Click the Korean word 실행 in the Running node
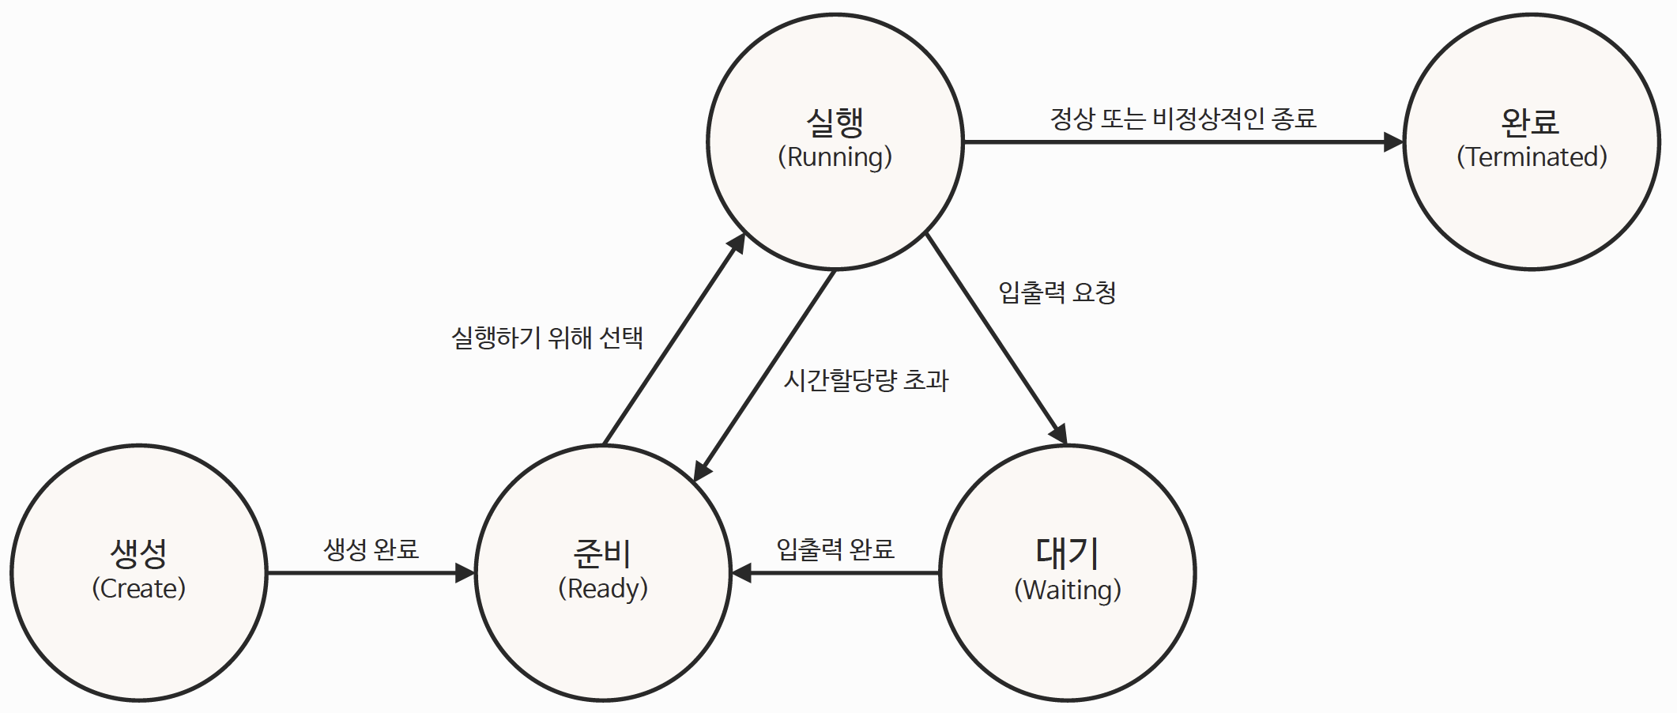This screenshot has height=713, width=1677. [x=835, y=122]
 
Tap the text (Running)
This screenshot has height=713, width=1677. [x=835, y=157]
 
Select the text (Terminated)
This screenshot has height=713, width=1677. [x=1532, y=157]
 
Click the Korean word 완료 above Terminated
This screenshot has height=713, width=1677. [x=1530, y=122]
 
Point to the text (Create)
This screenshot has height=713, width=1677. [x=139, y=588]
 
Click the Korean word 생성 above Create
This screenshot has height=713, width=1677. [x=139, y=553]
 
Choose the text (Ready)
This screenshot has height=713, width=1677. [x=603, y=588]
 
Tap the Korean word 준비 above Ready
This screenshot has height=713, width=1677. [x=602, y=553]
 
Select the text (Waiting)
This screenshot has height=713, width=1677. [x=1068, y=590]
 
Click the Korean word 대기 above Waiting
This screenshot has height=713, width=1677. [x=1067, y=553]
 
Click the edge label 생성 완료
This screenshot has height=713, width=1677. [x=371, y=549]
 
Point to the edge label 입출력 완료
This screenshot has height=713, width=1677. [x=835, y=549]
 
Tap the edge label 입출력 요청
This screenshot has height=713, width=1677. [x=1057, y=292]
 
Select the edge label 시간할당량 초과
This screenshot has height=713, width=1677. [x=866, y=380]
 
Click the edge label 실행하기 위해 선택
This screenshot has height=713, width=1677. [x=547, y=338]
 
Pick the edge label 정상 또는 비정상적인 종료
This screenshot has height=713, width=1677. [x=1183, y=119]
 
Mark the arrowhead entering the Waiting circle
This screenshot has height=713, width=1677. [x=1060, y=434]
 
